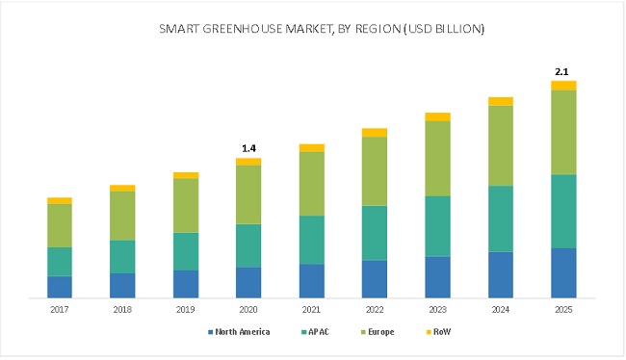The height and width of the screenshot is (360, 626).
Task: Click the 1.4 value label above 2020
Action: tap(248, 148)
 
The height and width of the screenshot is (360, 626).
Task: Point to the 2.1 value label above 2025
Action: tap(563, 71)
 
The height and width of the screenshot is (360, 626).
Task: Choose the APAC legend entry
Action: tap(321, 332)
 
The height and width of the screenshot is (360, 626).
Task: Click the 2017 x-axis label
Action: tap(60, 310)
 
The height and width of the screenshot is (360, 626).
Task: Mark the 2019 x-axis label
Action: tap(186, 310)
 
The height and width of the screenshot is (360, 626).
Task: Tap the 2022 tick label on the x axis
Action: tap(375, 310)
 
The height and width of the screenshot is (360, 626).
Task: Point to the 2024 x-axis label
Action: tap(500, 310)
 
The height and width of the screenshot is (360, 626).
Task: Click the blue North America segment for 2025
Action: tap(563, 273)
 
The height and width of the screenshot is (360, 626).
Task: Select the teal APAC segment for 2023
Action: tap(437, 226)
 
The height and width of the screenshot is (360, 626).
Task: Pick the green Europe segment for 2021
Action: tap(312, 183)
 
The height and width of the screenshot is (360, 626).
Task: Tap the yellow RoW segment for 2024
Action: tap(500, 101)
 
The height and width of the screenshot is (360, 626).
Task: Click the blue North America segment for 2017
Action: tap(60, 287)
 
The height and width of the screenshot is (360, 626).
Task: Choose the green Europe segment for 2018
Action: tap(122, 216)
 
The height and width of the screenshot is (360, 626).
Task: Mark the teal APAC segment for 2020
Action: tap(248, 245)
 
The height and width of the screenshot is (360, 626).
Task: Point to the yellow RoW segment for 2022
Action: tap(375, 132)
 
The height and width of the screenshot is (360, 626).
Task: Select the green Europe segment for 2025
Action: tap(563, 132)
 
